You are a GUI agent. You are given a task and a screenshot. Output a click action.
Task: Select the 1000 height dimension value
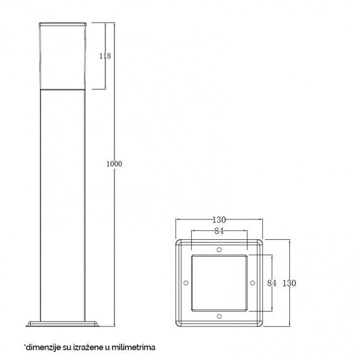[114, 163]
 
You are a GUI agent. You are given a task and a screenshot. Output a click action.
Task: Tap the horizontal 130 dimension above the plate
[218, 220]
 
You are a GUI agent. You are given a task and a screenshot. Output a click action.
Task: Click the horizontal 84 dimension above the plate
[219, 232]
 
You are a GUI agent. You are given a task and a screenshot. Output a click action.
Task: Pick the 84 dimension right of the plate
[272, 283]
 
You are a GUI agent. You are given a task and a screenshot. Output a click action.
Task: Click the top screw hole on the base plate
[219, 250]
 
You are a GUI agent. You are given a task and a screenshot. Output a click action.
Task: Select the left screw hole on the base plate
[186, 283]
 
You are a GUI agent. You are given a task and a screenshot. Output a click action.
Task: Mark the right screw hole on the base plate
[252, 283]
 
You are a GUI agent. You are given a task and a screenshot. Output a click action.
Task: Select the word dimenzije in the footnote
[41, 348]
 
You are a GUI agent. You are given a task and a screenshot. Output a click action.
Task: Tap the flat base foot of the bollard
[63, 323]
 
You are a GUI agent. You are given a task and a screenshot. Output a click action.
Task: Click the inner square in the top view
[219, 283]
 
